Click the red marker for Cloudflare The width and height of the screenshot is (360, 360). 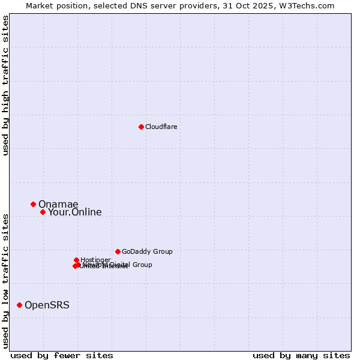(141, 127)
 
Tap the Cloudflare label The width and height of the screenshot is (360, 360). (161, 127)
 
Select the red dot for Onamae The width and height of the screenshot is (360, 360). (34, 204)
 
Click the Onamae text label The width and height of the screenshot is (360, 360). (58, 204)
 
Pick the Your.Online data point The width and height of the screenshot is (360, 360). (43, 212)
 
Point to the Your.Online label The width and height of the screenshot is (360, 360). (75, 212)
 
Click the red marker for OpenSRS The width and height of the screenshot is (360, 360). (20, 305)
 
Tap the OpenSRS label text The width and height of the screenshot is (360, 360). (47, 305)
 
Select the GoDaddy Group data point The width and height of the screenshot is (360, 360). (118, 251)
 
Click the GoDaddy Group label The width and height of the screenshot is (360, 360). (147, 251)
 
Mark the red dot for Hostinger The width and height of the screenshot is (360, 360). (77, 260)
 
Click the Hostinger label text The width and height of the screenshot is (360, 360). (95, 260)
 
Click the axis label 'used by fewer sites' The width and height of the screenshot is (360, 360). (62, 355)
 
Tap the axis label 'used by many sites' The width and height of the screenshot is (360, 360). (301, 355)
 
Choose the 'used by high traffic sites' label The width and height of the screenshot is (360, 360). (6, 85)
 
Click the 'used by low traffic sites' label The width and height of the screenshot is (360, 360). (6, 280)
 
